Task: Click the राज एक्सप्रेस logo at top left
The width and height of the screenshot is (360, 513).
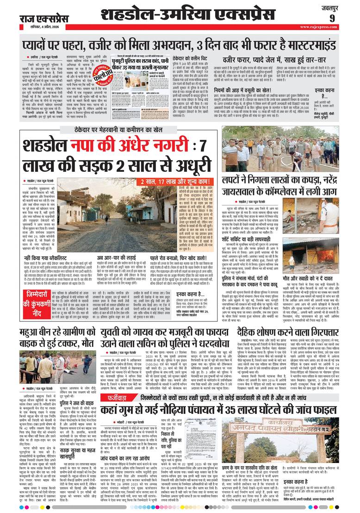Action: point(43,19)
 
